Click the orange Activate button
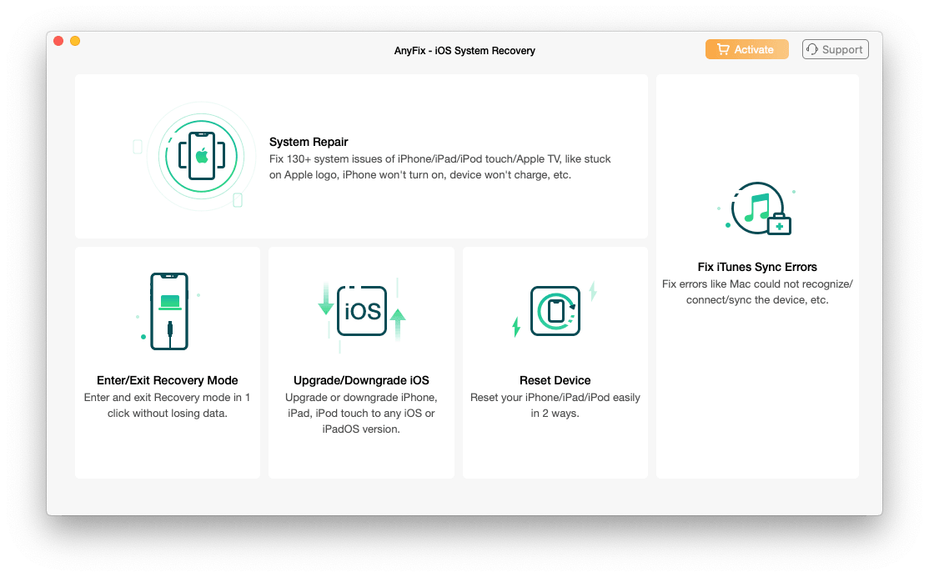(x=746, y=49)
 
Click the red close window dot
(x=58, y=41)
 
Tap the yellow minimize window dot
(x=75, y=41)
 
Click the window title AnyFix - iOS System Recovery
(x=464, y=51)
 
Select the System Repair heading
(x=309, y=142)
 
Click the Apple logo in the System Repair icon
(x=201, y=155)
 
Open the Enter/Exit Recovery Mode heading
(x=168, y=380)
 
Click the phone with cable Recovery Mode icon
(x=168, y=311)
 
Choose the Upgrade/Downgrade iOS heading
(x=361, y=380)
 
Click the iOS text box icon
(x=362, y=311)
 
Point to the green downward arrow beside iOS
(x=326, y=301)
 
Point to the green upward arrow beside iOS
(x=398, y=320)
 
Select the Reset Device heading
(x=555, y=380)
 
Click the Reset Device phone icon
(x=555, y=311)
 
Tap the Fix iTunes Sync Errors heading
(x=757, y=267)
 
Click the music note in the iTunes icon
(x=756, y=207)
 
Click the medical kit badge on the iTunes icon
(x=779, y=224)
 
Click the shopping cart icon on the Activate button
(x=722, y=49)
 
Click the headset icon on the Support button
(x=812, y=49)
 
